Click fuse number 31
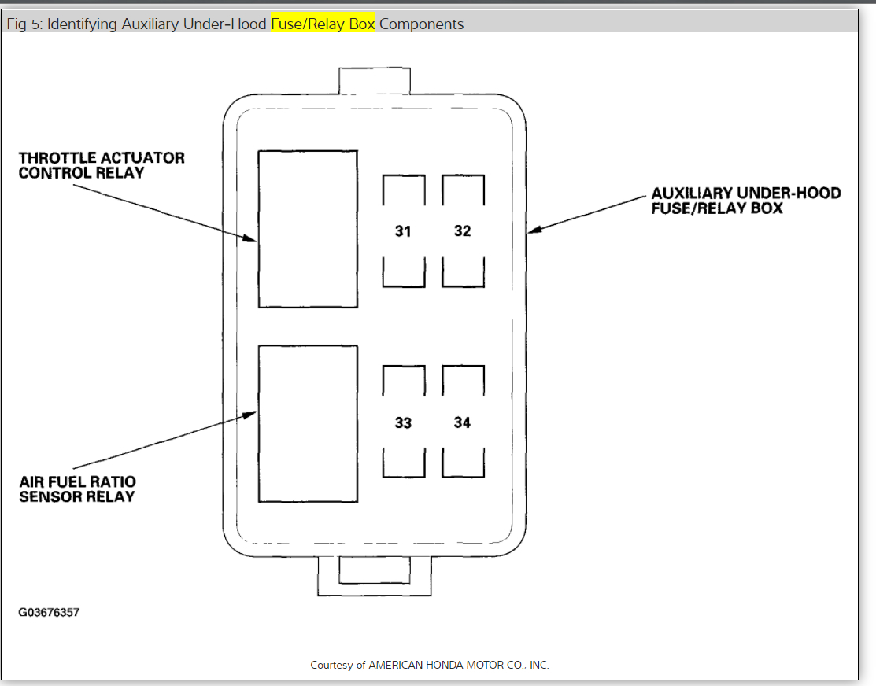404,231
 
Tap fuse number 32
463,231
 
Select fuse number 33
404,423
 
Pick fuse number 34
463,423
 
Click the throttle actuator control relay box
308,228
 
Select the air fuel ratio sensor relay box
308,423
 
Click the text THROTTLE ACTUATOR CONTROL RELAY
102,165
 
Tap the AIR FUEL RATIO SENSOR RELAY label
77,489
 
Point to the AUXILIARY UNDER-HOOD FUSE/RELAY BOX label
745,201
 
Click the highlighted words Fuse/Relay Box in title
323,24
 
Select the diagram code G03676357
50,612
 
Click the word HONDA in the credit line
446,665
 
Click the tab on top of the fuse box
375,81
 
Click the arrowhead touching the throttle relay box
252,238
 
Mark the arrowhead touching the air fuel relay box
252,413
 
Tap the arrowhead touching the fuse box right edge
534,230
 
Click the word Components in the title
421,24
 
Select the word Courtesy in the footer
338,665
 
